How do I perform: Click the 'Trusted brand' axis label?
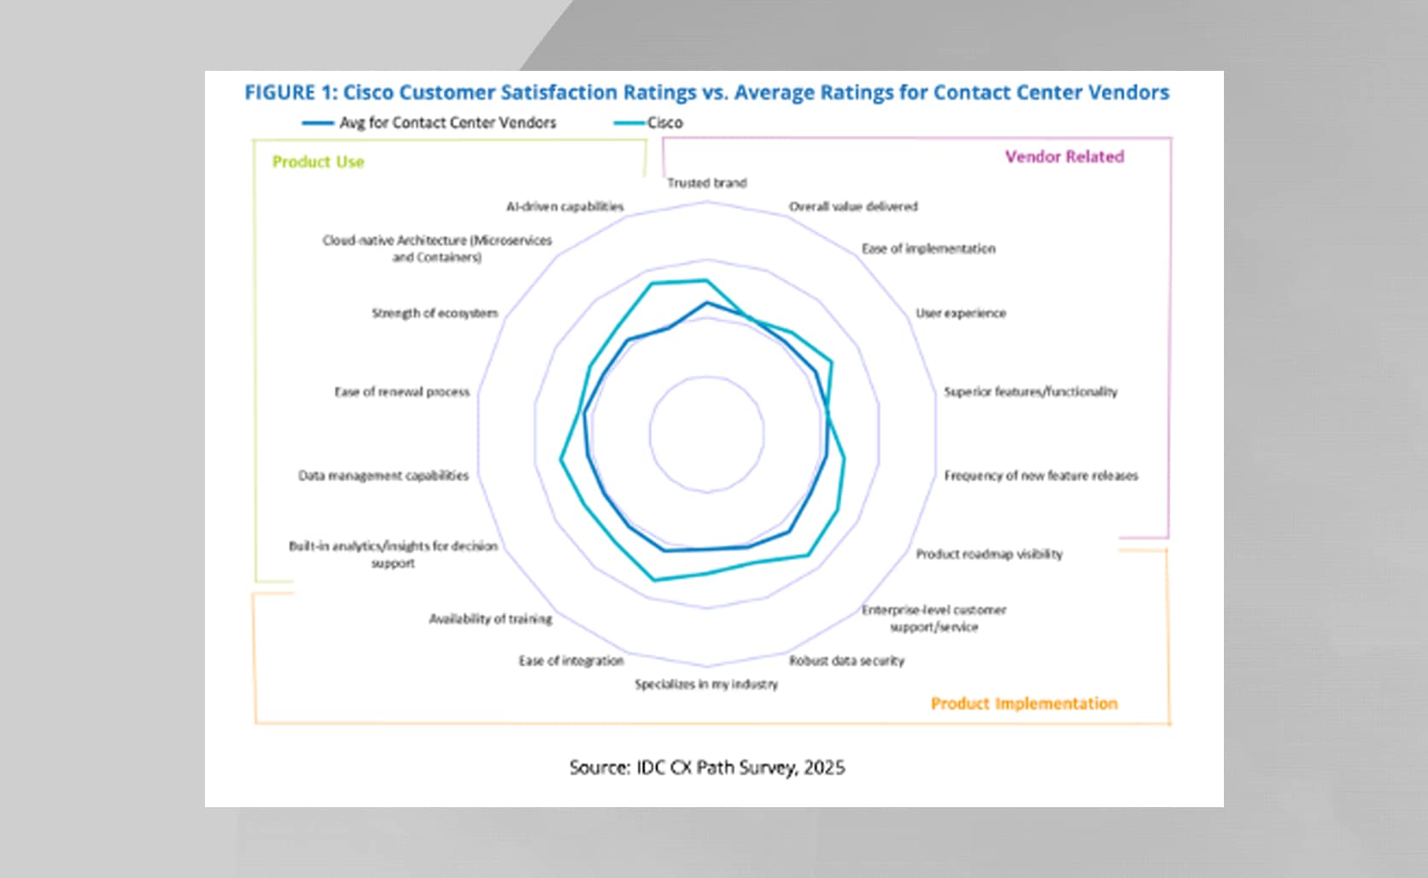click(706, 183)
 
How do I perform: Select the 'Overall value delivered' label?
click(852, 207)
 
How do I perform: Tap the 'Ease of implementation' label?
click(928, 249)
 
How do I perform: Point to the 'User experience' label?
click(960, 313)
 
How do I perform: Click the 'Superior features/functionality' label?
click(1030, 392)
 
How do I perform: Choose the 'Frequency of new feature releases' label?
click(1040, 476)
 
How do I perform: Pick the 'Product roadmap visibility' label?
click(989, 554)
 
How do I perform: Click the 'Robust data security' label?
click(846, 661)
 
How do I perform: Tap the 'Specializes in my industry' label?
click(705, 684)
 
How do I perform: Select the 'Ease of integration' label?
click(571, 661)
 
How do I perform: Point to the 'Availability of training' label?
click(490, 619)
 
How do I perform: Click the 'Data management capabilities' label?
click(383, 476)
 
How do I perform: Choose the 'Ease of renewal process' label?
click(401, 392)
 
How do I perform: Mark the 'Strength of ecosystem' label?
click(434, 313)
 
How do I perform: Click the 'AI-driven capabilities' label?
click(565, 207)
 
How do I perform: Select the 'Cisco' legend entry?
click(664, 123)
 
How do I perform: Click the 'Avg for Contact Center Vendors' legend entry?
click(447, 123)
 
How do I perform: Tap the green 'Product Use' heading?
click(318, 162)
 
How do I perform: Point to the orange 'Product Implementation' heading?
click(1023, 704)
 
